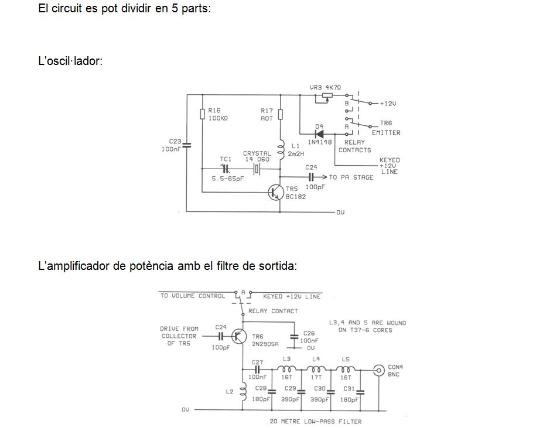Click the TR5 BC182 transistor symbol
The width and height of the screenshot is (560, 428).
coord(275,193)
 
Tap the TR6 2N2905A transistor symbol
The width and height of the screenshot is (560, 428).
coord(239,336)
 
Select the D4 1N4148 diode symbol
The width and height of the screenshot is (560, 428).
coord(319,134)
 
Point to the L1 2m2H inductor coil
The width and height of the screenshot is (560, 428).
coord(281,149)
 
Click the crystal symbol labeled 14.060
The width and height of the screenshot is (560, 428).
coord(257,169)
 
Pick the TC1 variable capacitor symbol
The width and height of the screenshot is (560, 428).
coord(225,169)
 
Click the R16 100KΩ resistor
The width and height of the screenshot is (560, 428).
coord(203,114)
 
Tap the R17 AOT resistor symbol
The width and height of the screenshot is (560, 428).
coord(281,114)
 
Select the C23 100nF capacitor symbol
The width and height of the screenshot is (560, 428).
coord(186,145)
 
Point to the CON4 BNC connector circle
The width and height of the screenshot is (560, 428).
coord(378,370)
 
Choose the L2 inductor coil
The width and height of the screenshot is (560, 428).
coord(243,392)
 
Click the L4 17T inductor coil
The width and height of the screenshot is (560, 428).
coord(316,369)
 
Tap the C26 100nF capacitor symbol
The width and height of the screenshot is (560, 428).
coord(294,337)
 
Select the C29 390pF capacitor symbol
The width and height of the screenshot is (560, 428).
coord(302,392)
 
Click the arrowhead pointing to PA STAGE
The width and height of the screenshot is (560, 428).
coord(324,177)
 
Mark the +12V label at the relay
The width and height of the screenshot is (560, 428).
coord(388,104)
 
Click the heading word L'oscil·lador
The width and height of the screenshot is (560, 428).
coord(70,61)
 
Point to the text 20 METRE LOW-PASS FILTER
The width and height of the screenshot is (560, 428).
coord(315,422)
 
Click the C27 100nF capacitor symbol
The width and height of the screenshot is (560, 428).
coord(257,369)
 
